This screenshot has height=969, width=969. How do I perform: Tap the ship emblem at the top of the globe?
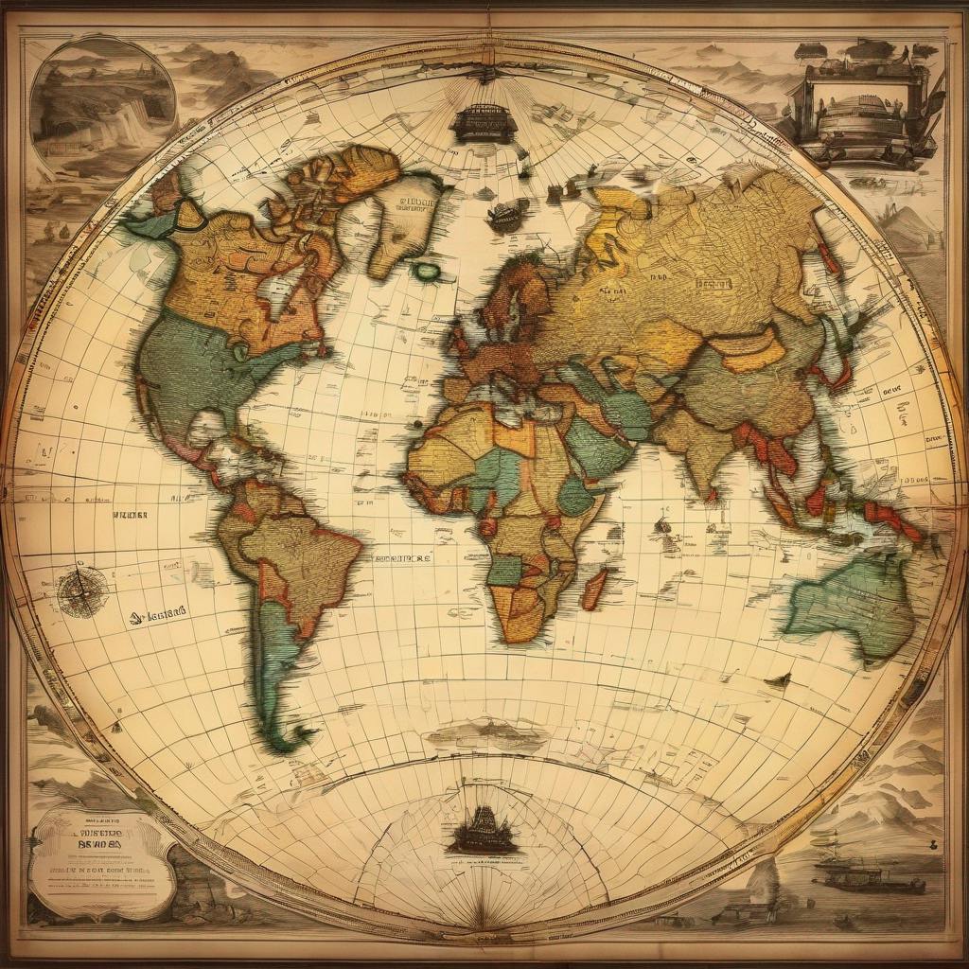click(484, 124)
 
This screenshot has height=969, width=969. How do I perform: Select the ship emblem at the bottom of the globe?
click(484, 833)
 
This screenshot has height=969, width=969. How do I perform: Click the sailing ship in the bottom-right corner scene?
click(866, 876)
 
